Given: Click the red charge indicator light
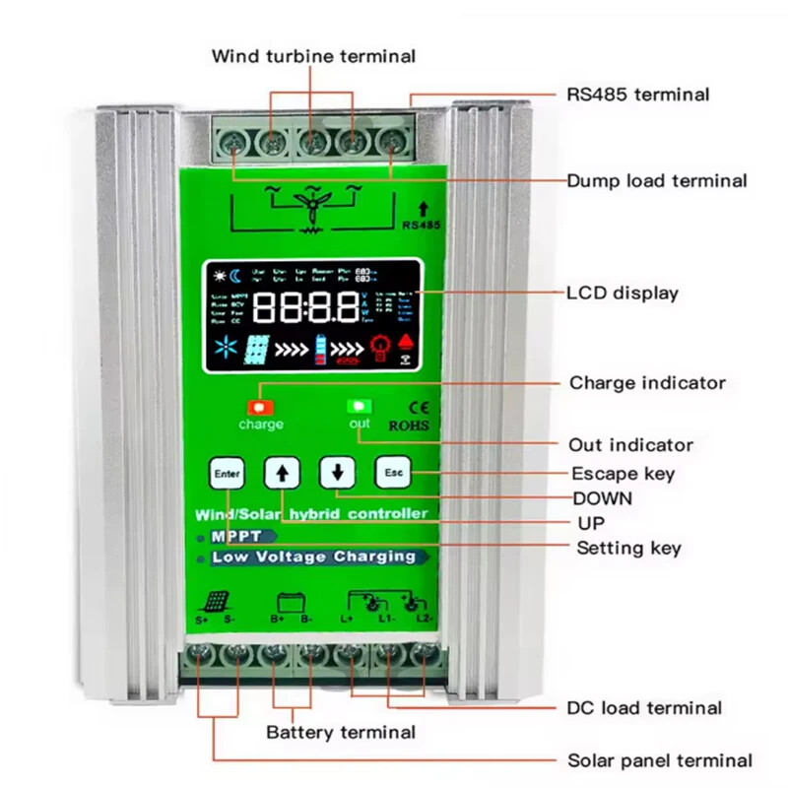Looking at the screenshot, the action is point(261,406).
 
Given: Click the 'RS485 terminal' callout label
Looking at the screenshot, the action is point(637,95).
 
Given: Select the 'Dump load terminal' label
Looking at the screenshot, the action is point(656,180).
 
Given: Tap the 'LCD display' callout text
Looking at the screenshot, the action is point(622,293).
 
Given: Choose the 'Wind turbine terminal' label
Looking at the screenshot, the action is point(313,56).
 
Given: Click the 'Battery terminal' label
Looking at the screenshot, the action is point(341,732).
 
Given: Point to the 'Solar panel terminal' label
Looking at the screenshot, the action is point(659,760).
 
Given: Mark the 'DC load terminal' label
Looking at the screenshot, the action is point(644,707).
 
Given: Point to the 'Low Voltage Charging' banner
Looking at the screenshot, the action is point(312,557).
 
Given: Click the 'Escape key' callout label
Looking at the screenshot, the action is point(624,474).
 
